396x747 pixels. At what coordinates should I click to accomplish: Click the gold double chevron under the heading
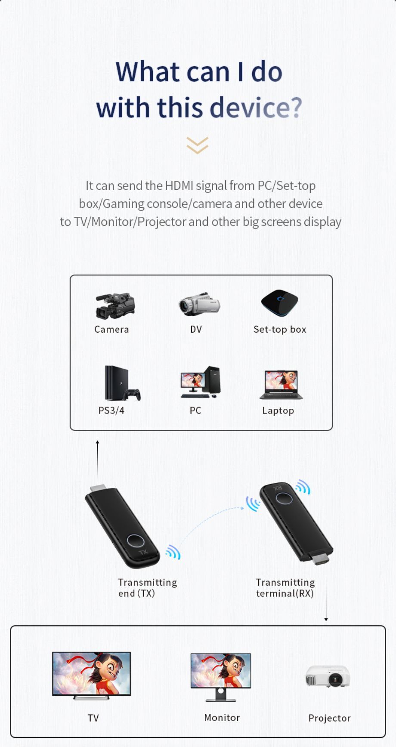pyautogui.click(x=198, y=145)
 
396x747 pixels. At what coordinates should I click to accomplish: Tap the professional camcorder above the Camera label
pyautogui.click(x=115, y=306)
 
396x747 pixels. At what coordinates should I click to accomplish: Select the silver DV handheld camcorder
pyautogui.click(x=199, y=304)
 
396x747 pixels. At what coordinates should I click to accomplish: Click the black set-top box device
pyautogui.click(x=280, y=303)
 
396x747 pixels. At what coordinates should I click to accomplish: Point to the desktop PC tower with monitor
pyautogui.click(x=200, y=382)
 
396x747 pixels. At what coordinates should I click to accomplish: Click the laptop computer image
pyautogui.click(x=281, y=385)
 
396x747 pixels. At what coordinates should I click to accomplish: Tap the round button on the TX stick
pyautogui.click(x=135, y=541)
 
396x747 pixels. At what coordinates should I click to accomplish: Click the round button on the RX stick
pyautogui.click(x=284, y=498)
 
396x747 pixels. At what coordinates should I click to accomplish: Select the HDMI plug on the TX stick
pyautogui.click(x=98, y=488)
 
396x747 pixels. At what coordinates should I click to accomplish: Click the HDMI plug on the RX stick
pyautogui.click(x=320, y=559)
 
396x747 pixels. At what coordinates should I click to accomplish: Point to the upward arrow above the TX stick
pyautogui.click(x=98, y=456)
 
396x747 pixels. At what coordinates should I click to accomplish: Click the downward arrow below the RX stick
pyautogui.click(x=326, y=600)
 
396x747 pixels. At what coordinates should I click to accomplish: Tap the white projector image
pyautogui.click(x=328, y=676)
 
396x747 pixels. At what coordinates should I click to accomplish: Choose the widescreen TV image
pyautogui.click(x=91, y=675)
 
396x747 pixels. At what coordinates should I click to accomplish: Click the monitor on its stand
pyautogui.click(x=221, y=676)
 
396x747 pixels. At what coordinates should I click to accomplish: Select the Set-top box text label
pyautogui.click(x=280, y=330)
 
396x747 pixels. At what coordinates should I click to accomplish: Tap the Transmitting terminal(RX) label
pyautogui.click(x=285, y=588)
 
